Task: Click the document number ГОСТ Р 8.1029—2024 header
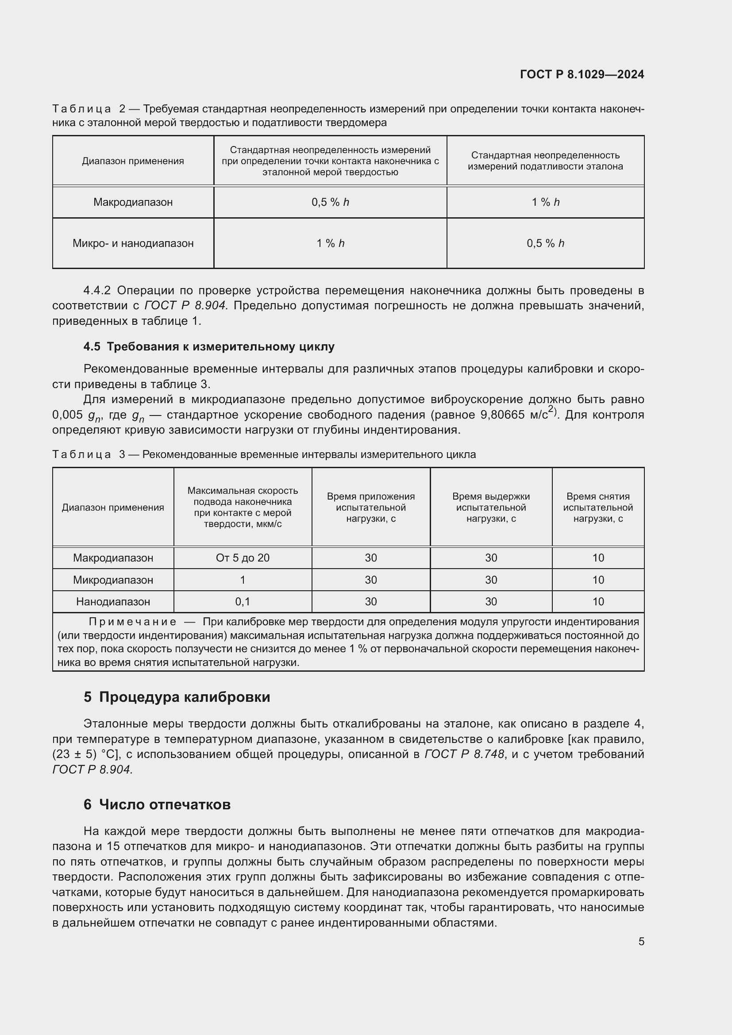582,74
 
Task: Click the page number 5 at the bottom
641,941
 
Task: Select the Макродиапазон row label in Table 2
133,202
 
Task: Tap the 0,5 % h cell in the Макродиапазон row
330,202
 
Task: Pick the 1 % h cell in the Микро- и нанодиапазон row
330,243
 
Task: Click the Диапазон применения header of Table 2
133,161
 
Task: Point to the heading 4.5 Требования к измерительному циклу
209,346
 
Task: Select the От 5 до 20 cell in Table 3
243,558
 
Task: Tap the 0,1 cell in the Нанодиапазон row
243,601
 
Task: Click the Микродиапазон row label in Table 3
113,580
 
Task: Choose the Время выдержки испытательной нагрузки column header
491,507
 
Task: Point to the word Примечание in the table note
132,622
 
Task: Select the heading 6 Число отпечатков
157,804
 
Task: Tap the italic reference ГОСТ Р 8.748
464,754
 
